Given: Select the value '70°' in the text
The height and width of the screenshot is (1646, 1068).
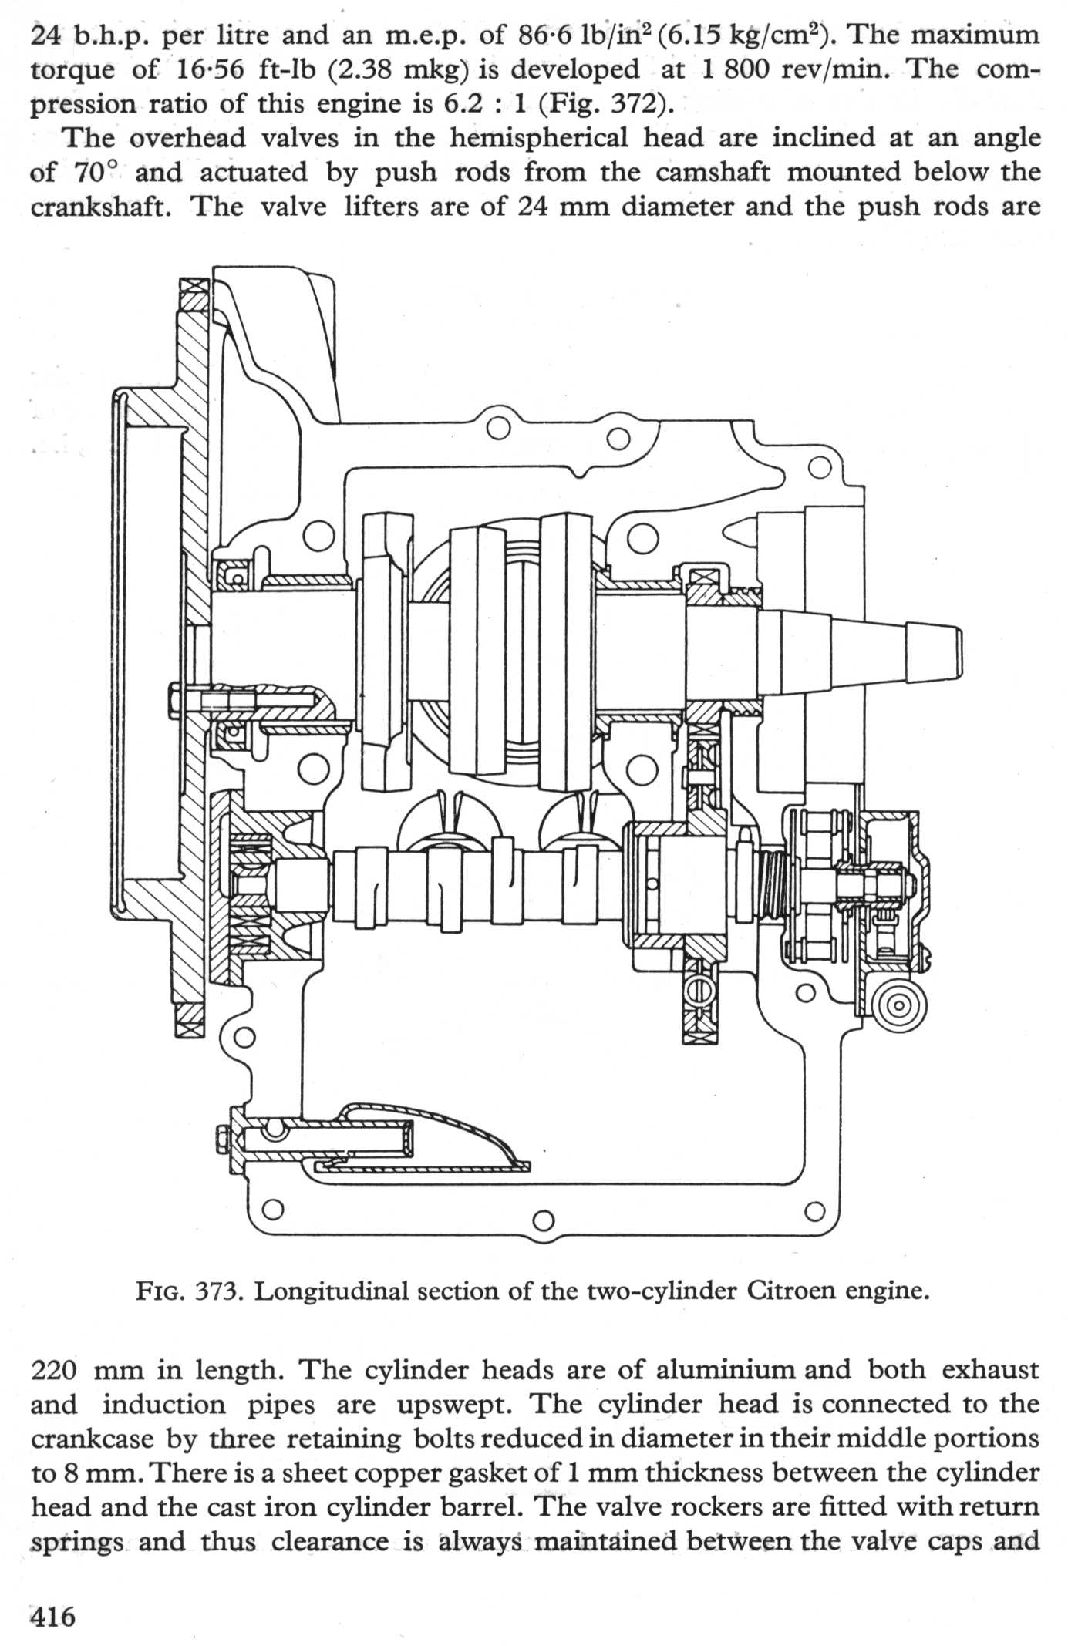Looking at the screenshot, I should pos(94,172).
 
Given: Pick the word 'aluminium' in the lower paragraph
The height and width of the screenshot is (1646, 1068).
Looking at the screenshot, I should pos(726,1370).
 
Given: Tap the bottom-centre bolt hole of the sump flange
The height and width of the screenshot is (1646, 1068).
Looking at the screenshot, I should pos(544,1220).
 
